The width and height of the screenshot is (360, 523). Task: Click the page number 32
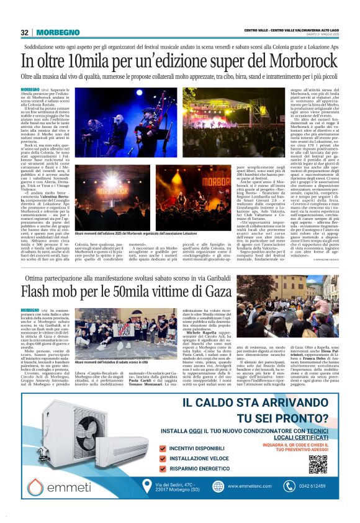coord(24,32)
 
